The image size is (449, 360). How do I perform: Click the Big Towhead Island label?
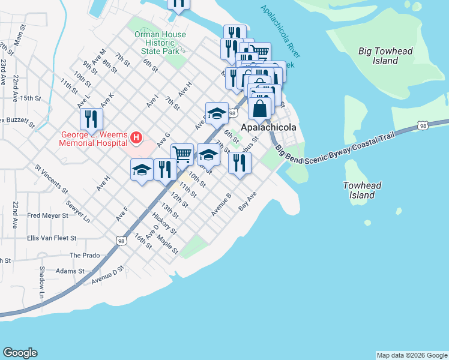[385, 56]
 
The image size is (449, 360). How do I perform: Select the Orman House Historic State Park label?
[160, 43]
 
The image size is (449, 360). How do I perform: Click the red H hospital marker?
[136, 139]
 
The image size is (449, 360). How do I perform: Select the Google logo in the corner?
[20, 353]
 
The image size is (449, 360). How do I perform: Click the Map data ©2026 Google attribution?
[411, 355]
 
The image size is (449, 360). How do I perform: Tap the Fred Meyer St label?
[49, 215]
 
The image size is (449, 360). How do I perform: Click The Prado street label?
[84, 255]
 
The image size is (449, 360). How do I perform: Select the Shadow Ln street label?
[42, 282]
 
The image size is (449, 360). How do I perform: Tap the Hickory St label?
[164, 223]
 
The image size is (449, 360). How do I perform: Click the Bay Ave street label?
[247, 201]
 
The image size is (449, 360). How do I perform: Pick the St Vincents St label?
[51, 179]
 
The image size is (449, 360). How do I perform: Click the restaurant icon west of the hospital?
[91, 119]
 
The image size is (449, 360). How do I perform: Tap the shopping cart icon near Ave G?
[182, 153]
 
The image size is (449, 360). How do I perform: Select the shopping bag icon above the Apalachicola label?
[260, 109]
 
